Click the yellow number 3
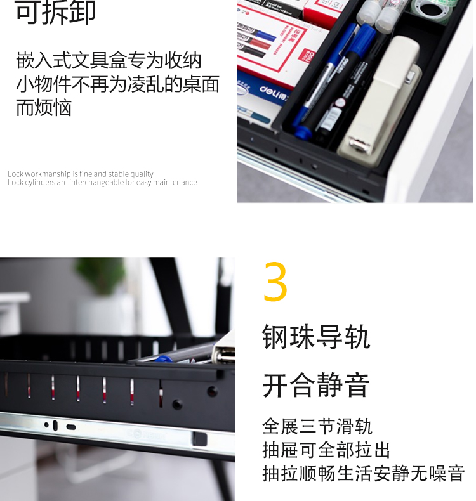pos(275,282)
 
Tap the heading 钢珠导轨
pos(316,337)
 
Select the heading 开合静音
pos(316,386)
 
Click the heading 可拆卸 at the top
pos(55,12)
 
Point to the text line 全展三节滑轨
pos(317,426)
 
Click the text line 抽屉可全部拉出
pos(326,450)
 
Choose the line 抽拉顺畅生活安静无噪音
pos(363,474)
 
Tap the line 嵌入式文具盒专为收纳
pos(109,60)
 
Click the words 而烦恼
pos(44,108)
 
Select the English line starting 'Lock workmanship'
pos(81,174)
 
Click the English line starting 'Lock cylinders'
pos(102,182)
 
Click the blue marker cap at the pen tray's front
pos(302,131)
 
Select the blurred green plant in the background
pos(102,275)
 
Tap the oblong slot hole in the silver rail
pos(71,427)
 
